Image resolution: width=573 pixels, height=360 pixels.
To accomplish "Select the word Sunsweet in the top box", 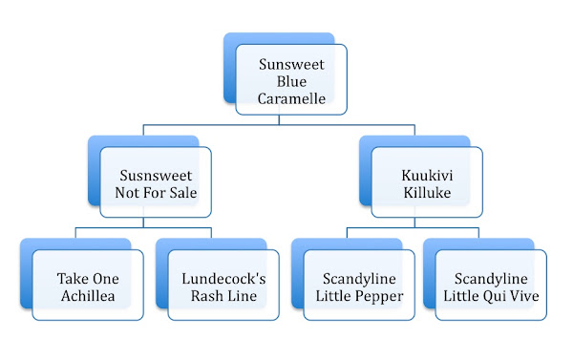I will point(290,64).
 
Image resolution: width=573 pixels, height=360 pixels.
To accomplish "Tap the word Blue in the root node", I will point(290,82).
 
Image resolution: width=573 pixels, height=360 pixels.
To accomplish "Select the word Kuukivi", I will point(426,177).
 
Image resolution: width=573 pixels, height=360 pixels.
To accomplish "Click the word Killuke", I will point(426,195).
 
